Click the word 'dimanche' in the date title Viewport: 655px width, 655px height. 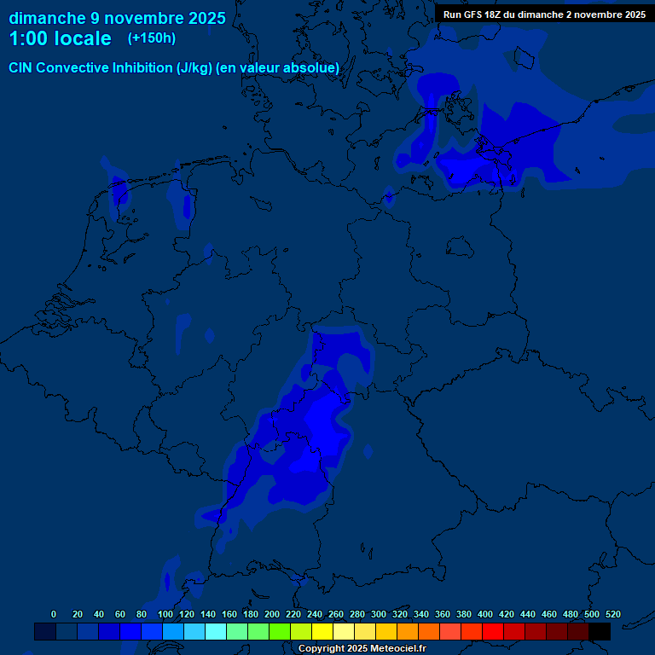point(47,18)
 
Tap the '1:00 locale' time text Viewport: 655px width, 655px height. point(60,38)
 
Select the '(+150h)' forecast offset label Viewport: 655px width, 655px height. point(152,38)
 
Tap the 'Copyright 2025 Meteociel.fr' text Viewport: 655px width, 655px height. point(362,649)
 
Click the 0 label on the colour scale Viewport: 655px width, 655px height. point(54,614)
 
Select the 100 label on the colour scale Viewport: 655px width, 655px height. point(165,614)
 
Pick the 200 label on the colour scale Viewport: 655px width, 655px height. point(272,614)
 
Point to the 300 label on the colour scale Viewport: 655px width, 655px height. point(379,614)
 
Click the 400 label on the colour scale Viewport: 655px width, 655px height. point(485,614)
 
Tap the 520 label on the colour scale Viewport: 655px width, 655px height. point(612,614)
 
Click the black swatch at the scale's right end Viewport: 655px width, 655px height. point(600,631)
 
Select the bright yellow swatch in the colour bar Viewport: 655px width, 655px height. point(322,631)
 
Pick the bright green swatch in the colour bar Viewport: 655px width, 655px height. point(280,631)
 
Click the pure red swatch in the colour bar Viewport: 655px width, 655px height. point(493,631)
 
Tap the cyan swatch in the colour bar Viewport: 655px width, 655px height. point(216,631)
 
